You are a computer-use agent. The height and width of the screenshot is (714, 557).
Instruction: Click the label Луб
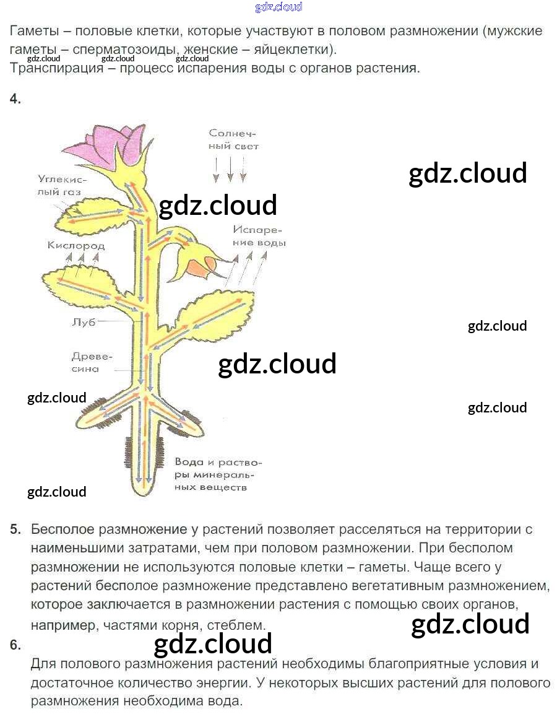coord(84,322)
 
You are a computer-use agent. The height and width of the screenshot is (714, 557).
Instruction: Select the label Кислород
coord(76,245)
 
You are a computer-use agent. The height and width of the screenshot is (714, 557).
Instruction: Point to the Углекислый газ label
coord(61,186)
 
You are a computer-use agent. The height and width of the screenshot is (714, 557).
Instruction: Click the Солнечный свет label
coord(233,140)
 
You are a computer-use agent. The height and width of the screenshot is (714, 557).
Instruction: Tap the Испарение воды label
coord(259,236)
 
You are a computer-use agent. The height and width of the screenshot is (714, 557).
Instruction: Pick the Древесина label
coord(91,362)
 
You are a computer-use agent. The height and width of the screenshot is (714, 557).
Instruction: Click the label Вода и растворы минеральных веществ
coord(218,474)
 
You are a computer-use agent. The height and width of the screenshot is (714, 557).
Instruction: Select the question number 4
coord(15,98)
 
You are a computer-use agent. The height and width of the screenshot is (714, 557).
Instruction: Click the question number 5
coord(15,529)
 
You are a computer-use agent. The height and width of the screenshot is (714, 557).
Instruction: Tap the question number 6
coord(15,645)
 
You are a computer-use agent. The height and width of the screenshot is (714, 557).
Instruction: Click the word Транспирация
coord(56,68)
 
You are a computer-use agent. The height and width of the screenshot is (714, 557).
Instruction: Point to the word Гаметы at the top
coord(34,31)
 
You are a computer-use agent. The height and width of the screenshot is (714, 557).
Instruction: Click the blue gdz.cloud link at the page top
coord(278,6)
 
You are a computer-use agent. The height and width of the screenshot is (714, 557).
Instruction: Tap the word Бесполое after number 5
coord(63,529)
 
